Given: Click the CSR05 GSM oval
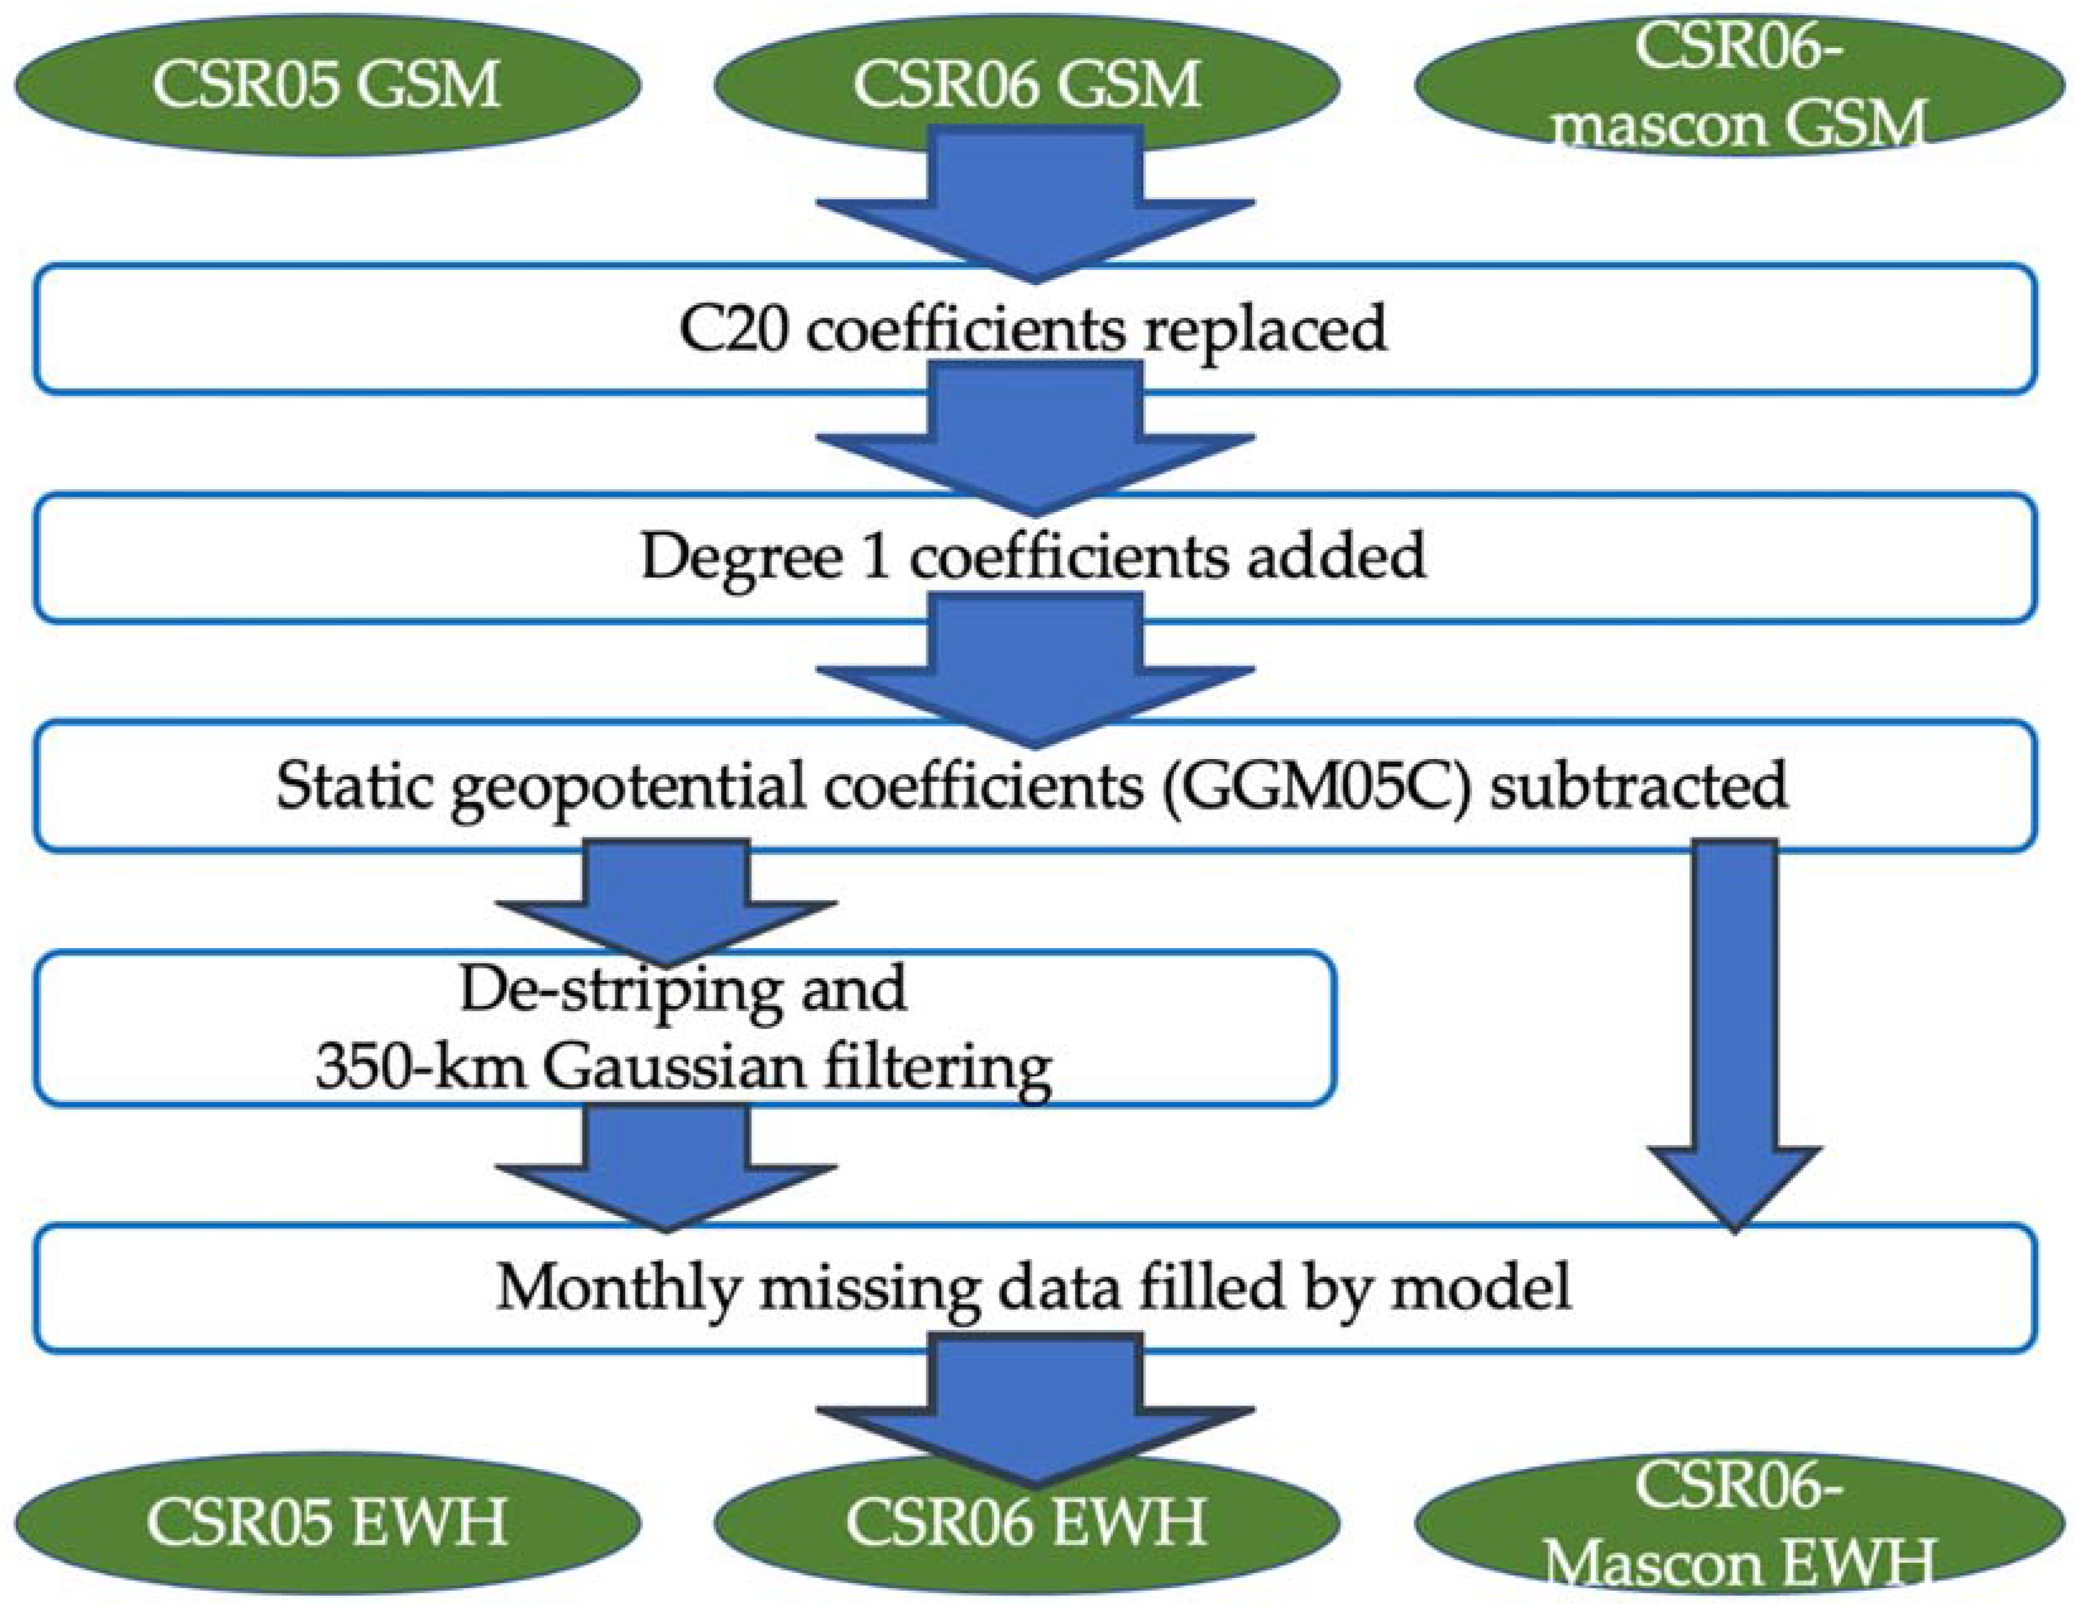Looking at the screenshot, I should click(326, 85).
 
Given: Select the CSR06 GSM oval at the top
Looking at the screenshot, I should click(1026, 85).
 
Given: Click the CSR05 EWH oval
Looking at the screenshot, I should click(326, 1521).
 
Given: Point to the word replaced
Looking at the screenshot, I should click(1264, 330).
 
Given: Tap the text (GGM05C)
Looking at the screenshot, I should click(1316, 786).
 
